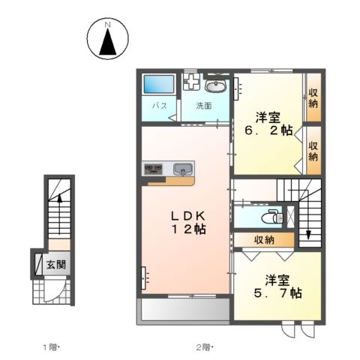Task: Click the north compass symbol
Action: click(107, 38)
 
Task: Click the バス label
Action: click(160, 106)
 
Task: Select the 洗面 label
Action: click(205, 106)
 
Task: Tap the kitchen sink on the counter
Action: click(182, 167)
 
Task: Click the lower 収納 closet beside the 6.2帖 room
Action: click(313, 150)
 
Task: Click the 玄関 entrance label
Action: click(53, 264)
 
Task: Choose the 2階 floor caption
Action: click(202, 346)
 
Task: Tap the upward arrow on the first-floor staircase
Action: click(57, 199)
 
